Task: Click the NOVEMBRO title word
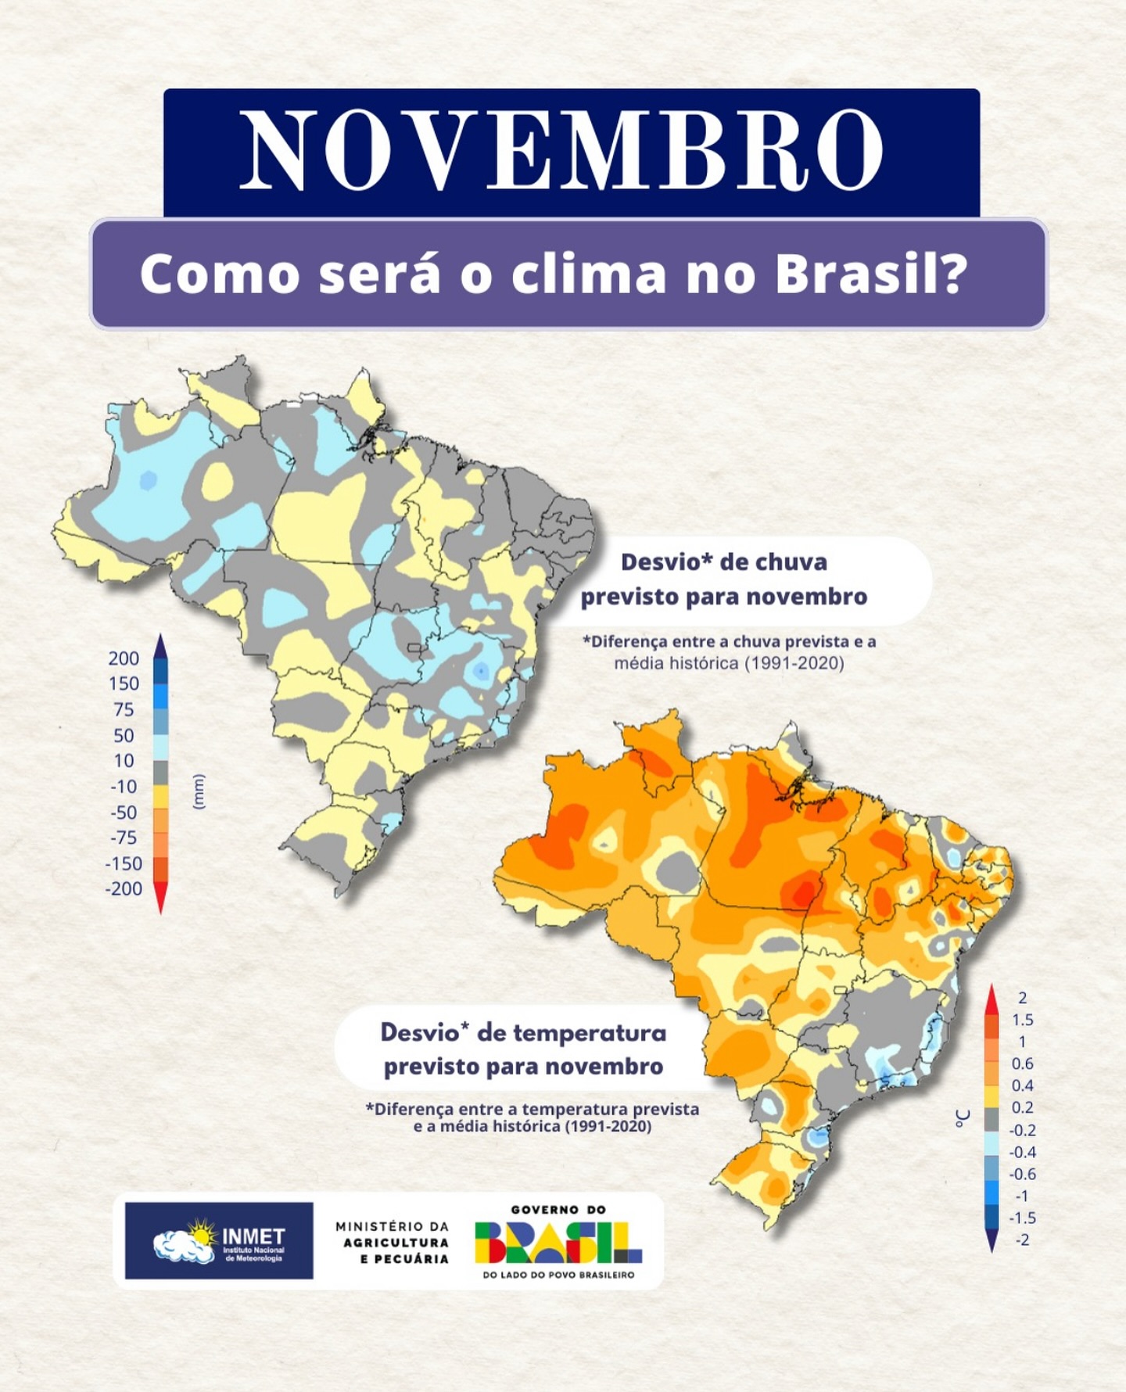click(561, 150)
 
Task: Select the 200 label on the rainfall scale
click(124, 658)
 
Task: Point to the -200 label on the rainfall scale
click(124, 888)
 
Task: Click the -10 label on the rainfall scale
click(124, 786)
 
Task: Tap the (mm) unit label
click(198, 791)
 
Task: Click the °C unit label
click(963, 1118)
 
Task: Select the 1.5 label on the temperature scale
click(1022, 1020)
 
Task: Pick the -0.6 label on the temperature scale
click(1022, 1174)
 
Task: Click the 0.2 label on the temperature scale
click(1022, 1107)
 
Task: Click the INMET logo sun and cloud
click(185, 1240)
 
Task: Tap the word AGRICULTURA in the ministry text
click(396, 1243)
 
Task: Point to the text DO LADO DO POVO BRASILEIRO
click(558, 1275)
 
